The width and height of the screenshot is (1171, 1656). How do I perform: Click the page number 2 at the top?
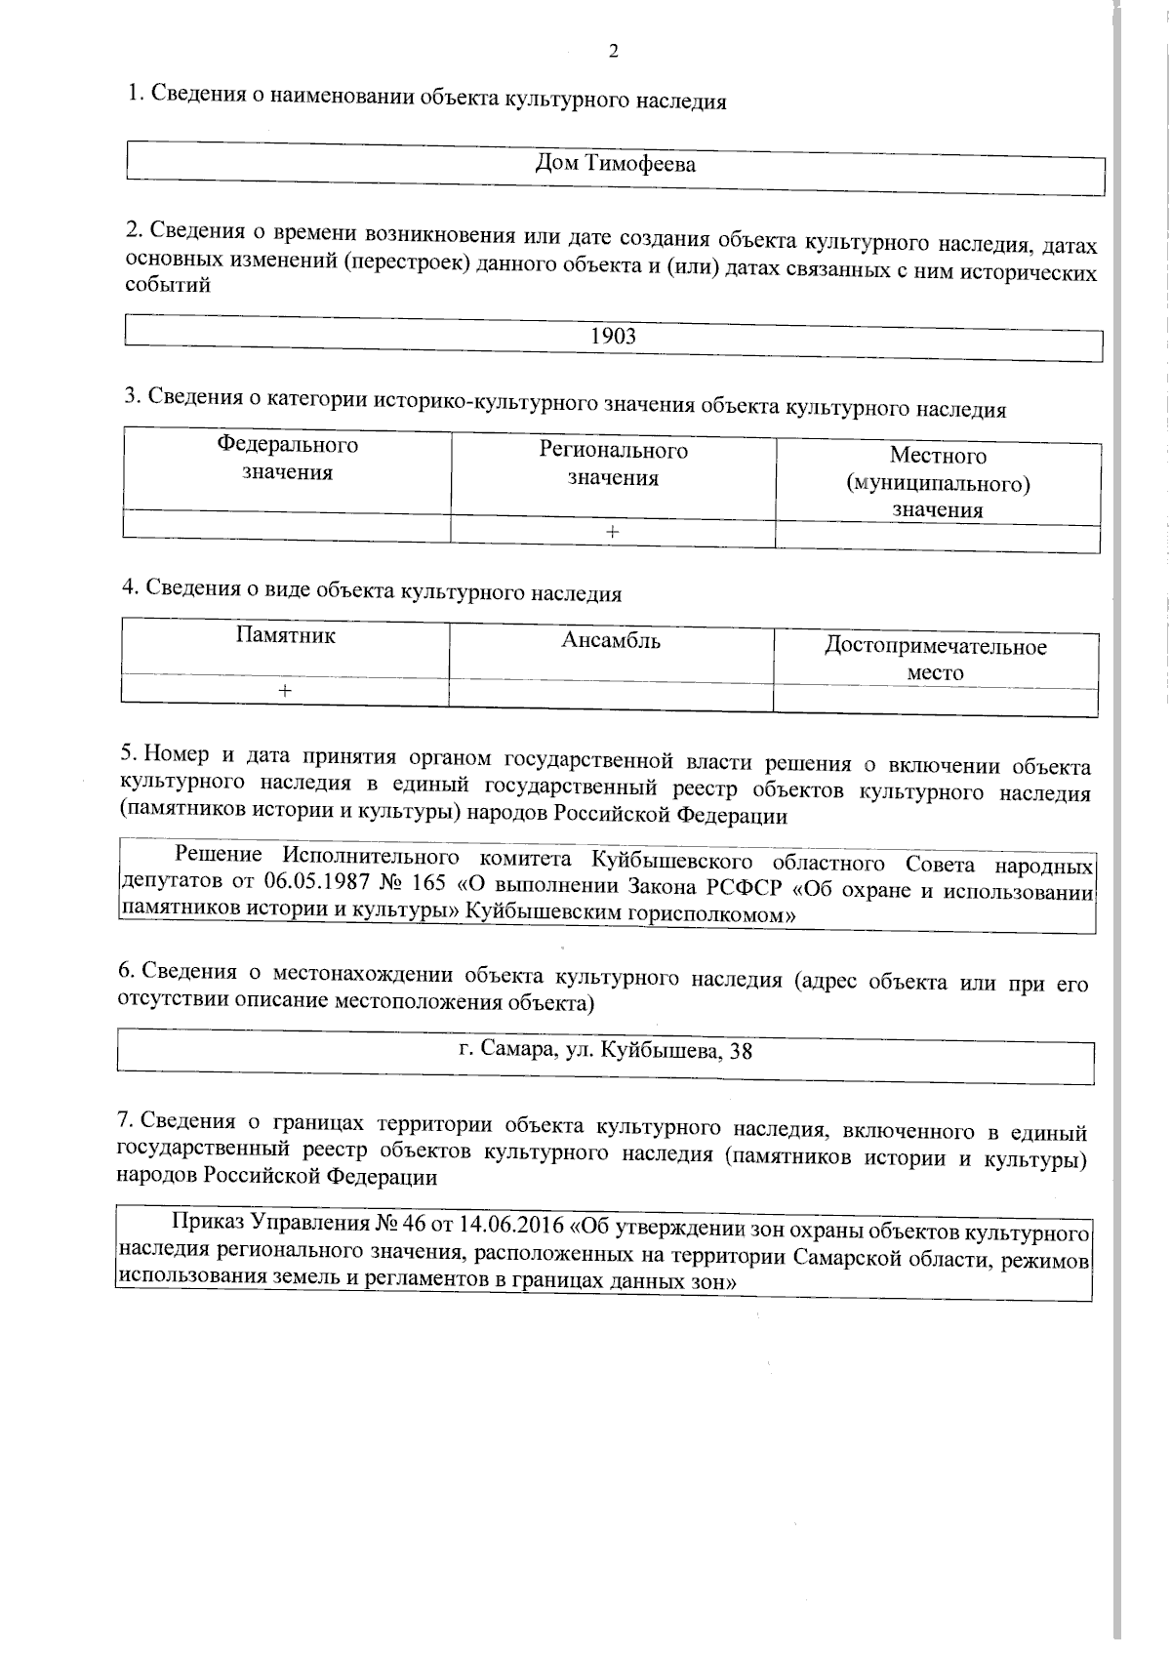pos(613,52)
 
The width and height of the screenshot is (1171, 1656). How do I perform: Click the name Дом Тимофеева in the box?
pos(616,164)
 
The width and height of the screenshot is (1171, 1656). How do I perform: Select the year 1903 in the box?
pos(614,337)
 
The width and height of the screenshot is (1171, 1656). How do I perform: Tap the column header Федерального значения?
pos(287,459)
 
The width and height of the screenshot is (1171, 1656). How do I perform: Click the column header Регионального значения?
pos(613,464)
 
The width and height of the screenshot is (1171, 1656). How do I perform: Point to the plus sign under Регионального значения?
pos(612,532)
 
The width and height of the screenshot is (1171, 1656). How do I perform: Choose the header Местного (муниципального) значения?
pos(938,482)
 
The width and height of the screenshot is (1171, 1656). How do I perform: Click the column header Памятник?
pos(286,635)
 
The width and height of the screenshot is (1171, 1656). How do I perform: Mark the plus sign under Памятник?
pos(284,691)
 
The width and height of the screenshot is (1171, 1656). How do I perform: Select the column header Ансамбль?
pos(611,641)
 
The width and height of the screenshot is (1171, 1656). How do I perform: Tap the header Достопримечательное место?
pos(936,659)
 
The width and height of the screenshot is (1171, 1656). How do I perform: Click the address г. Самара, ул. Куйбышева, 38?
pos(605,1051)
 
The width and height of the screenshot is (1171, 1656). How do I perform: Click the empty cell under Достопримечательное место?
pos(936,703)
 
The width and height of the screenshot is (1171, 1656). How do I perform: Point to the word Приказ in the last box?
pos(207,1223)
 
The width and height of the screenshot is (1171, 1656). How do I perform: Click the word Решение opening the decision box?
pos(219,855)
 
